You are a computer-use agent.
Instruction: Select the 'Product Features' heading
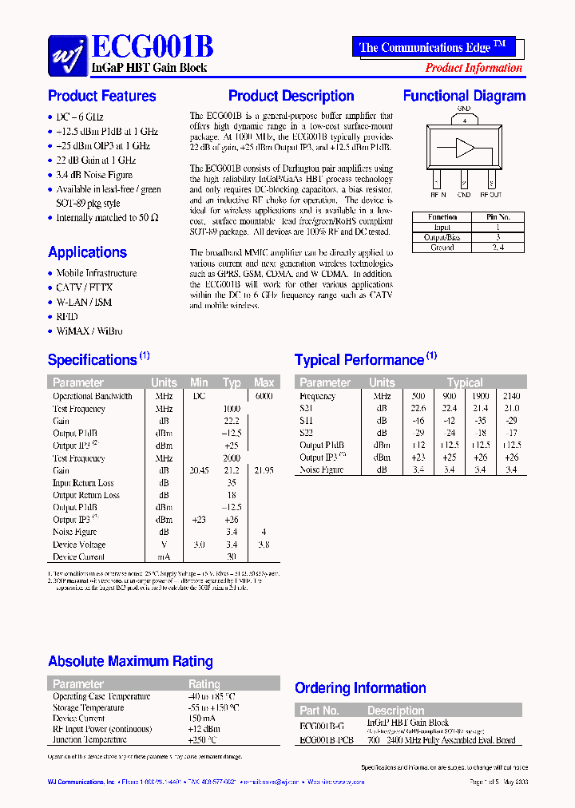point(101,96)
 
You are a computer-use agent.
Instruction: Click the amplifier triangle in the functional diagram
point(464,148)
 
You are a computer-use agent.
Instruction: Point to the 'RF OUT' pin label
point(490,194)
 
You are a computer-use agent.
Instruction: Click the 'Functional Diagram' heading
point(464,96)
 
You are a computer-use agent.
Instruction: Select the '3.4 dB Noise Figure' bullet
point(94,175)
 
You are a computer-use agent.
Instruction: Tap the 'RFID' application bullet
point(67,316)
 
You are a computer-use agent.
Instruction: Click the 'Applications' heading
point(87,252)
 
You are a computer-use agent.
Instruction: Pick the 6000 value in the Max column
point(264,396)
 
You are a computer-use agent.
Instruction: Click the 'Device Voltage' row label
point(79,545)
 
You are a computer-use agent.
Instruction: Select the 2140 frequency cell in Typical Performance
point(511,396)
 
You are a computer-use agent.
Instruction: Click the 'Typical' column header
point(465,382)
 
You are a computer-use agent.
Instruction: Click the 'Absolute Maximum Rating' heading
point(130,661)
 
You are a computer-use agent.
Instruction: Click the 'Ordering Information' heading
point(361,687)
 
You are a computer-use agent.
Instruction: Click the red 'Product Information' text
point(474,68)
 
